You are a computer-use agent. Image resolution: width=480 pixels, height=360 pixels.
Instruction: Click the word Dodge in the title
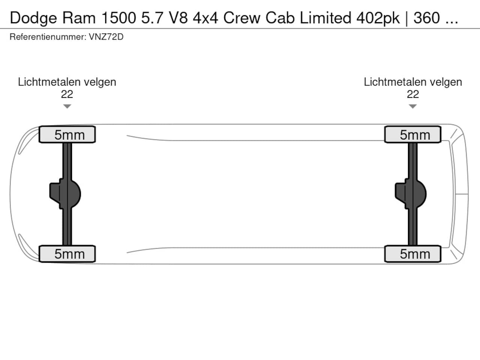pos(33,18)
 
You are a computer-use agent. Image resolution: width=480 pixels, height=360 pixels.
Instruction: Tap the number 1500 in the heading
pos(117,18)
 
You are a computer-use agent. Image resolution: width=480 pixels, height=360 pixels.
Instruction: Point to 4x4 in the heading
pos(205,18)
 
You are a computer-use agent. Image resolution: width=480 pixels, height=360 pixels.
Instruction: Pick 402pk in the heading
pos(378,18)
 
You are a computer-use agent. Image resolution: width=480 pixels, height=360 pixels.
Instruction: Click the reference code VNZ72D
pos(106,37)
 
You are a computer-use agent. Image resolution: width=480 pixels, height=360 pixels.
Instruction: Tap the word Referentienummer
pos(47,37)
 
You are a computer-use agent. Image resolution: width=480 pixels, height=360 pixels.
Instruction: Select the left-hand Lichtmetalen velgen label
pos(67,82)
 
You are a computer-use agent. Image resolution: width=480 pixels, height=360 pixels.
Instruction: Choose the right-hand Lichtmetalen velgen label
pos(413,82)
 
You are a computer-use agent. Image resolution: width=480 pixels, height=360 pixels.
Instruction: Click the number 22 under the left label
pos(67,94)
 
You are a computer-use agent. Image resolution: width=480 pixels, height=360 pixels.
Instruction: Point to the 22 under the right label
pos(413,94)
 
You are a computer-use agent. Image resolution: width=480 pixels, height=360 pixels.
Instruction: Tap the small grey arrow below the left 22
pos(67,106)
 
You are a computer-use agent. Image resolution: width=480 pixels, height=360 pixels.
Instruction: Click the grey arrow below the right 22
pos(413,106)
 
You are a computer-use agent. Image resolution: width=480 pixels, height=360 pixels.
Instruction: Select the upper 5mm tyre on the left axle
pos(67,135)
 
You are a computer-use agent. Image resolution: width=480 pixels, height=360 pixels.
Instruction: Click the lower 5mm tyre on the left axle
pos(67,254)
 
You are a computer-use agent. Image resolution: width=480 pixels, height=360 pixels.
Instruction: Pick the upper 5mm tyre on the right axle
pos(413,135)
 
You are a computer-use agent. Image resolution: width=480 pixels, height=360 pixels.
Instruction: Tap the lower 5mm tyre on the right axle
pos(413,254)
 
